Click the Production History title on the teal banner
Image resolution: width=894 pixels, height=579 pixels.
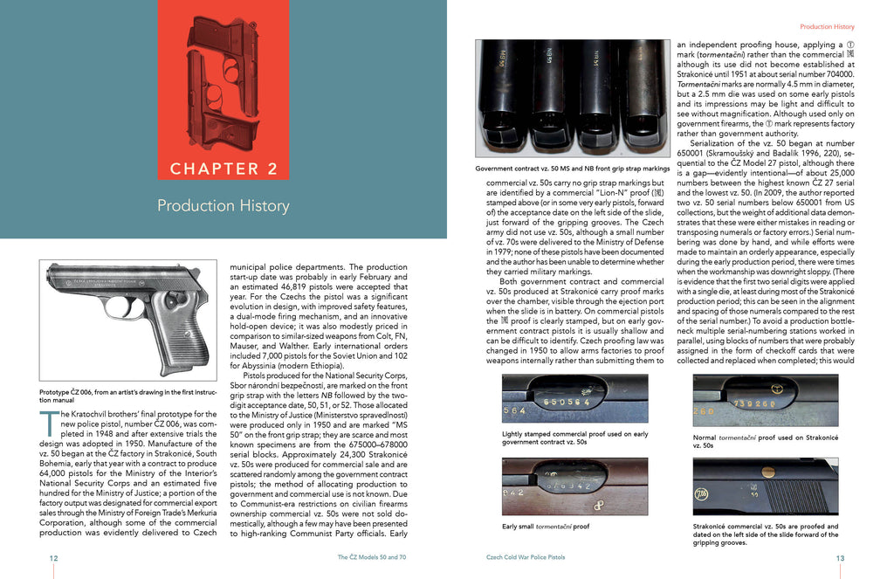point(223,206)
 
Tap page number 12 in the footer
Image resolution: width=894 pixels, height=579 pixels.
point(54,557)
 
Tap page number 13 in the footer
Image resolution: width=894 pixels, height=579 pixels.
point(840,557)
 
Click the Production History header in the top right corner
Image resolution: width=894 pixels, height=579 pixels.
point(827,27)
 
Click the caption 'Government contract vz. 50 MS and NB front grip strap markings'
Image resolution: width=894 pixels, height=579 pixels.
point(572,168)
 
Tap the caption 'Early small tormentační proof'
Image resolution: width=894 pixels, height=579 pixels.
point(546,527)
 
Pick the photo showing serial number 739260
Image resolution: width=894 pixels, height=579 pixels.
point(765,401)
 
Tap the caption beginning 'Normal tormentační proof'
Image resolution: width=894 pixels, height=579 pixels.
point(765,441)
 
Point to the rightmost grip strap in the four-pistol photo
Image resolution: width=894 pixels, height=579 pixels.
point(643,96)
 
